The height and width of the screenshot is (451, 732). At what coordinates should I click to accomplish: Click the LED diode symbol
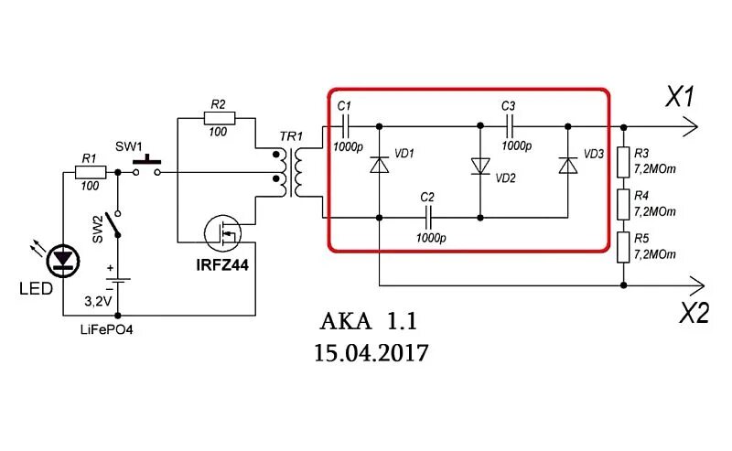[63, 260]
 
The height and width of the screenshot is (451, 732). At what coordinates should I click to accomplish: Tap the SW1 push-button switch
[146, 166]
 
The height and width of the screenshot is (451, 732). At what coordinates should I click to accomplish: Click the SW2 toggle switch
[113, 222]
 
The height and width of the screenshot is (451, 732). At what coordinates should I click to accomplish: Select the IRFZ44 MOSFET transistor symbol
[222, 234]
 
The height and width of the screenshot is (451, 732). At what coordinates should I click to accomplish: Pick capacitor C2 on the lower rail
[428, 218]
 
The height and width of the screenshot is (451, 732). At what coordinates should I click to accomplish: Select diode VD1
[379, 166]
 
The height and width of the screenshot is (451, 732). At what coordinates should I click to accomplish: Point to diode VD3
[568, 166]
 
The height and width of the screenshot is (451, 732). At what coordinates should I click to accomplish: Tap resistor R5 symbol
[624, 246]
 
